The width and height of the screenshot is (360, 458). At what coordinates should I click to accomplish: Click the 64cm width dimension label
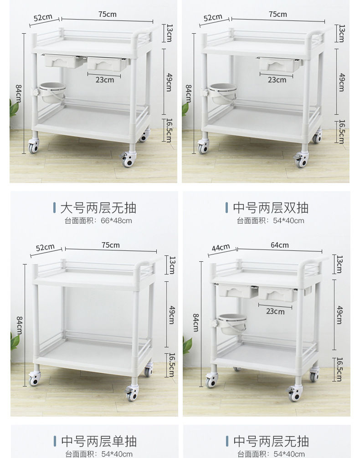coord(280,245)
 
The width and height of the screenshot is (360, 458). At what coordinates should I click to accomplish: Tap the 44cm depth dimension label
coord(221,247)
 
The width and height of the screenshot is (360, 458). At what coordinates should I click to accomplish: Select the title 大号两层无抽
coord(98,208)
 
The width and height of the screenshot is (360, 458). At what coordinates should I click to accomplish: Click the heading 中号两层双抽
coord(271,208)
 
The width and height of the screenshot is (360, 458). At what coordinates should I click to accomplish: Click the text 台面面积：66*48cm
coord(98,221)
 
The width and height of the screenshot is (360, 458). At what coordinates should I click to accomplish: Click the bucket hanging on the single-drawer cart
coord(222,93)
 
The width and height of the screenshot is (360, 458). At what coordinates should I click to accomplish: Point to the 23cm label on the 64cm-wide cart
coord(275,311)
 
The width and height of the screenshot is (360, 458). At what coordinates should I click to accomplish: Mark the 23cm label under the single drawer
coord(277,80)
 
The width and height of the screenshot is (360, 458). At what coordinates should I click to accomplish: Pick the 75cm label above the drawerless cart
coord(111,245)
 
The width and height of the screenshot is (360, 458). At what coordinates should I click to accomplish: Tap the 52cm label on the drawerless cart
coord(45,247)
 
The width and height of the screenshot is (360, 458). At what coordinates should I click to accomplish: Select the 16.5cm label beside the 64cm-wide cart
coord(339,370)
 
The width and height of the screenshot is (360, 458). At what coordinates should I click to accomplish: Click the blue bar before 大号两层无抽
coord(55,208)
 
